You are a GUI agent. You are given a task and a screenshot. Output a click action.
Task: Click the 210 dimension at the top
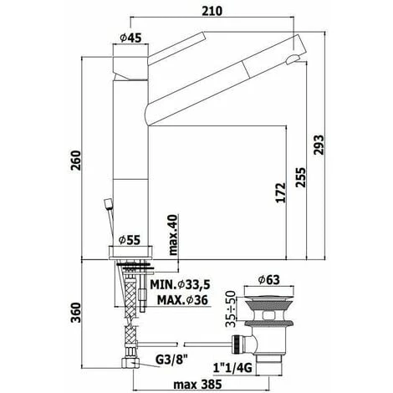212,11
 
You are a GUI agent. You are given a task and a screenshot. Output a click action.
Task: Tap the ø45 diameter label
130,38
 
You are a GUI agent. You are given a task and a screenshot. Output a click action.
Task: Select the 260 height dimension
75,161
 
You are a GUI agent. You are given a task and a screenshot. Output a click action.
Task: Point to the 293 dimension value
319,145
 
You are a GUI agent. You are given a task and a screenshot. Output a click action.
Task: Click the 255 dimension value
300,177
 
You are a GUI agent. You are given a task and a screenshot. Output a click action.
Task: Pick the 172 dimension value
281,192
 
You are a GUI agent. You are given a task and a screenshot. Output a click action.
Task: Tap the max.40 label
173,235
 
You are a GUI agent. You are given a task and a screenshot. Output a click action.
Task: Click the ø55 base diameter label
130,240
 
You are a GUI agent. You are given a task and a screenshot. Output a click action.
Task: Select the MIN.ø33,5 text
180,284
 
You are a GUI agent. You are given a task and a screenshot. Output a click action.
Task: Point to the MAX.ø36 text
182,300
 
